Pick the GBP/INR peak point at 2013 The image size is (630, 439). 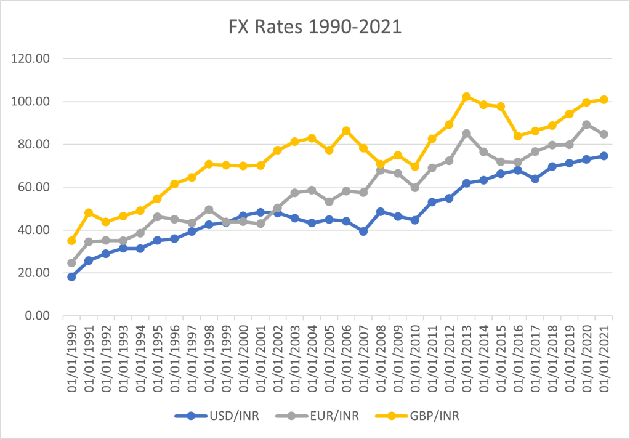click(466, 97)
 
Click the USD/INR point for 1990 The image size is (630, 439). click(71, 277)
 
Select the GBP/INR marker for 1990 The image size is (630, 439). click(71, 241)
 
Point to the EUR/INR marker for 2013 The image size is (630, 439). click(466, 134)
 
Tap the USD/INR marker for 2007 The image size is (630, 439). click(363, 232)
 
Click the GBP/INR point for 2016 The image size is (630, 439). click(518, 136)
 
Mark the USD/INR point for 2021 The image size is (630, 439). click(604, 156)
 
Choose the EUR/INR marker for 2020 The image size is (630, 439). click(586, 124)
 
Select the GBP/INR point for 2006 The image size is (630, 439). click(346, 131)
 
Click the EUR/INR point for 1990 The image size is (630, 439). click(71, 263)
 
